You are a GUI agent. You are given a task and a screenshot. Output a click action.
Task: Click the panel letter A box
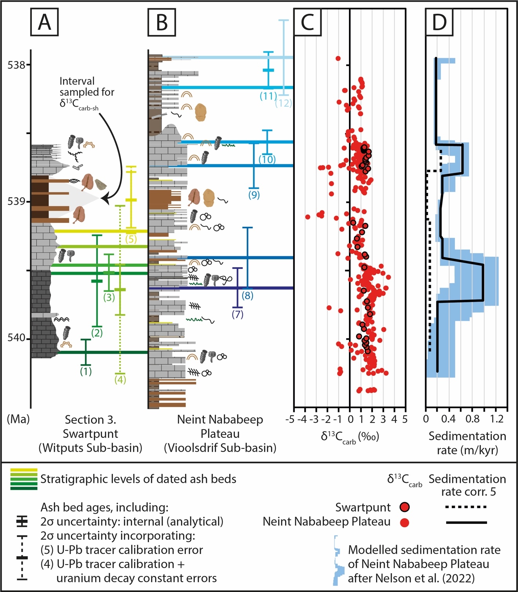[44, 22]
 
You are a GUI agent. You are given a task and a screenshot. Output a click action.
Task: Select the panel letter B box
[162, 22]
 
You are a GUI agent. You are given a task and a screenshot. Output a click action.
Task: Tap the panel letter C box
[307, 22]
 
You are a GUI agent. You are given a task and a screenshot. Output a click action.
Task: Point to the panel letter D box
[440, 22]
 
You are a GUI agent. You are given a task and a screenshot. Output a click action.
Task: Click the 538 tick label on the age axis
[16, 64]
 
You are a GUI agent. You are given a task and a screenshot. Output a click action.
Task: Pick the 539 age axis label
[16, 201]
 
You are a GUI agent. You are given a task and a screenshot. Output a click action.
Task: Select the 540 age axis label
[16, 338]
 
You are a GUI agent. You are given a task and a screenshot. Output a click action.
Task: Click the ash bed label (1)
[85, 371]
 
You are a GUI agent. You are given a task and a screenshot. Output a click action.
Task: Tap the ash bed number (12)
[284, 103]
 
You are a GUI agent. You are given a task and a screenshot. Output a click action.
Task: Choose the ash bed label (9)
[254, 195]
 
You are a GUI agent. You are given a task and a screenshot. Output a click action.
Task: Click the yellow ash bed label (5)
[131, 239]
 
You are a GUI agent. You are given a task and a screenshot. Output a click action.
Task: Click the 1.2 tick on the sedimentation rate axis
[496, 419]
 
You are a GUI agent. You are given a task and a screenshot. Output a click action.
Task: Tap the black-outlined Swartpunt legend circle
[405, 507]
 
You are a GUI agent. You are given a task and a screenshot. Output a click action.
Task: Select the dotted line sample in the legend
[466, 507]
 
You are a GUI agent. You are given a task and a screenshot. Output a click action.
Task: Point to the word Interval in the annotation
[77, 81]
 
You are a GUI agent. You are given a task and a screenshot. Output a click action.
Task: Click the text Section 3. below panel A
[90, 420]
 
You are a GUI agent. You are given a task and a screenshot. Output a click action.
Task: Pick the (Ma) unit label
[18, 419]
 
